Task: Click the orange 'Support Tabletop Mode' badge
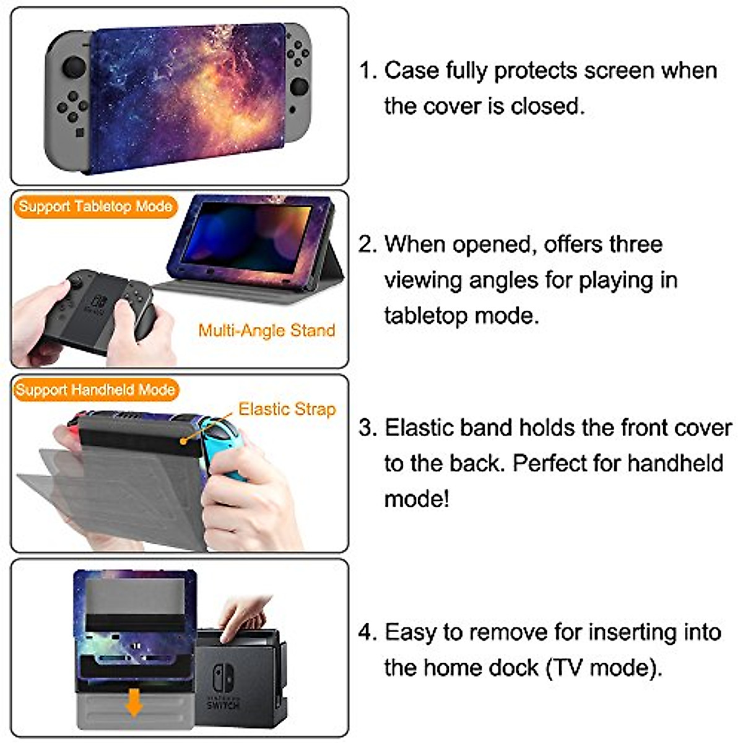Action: [x=95, y=207]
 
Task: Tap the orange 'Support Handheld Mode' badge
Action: [x=95, y=390]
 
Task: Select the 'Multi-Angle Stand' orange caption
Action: [x=266, y=331]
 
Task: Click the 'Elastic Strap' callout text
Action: [x=287, y=409]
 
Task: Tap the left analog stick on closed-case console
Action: [x=74, y=66]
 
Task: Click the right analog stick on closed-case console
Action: [x=299, y=86]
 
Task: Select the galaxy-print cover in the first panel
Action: [x=186, y=96]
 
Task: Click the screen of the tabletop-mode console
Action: [x=248, y=232]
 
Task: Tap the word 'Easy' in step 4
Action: [x=409, y=632]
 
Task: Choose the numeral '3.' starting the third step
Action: [x=368, y=428]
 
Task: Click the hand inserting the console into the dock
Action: [x=245, y=616]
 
